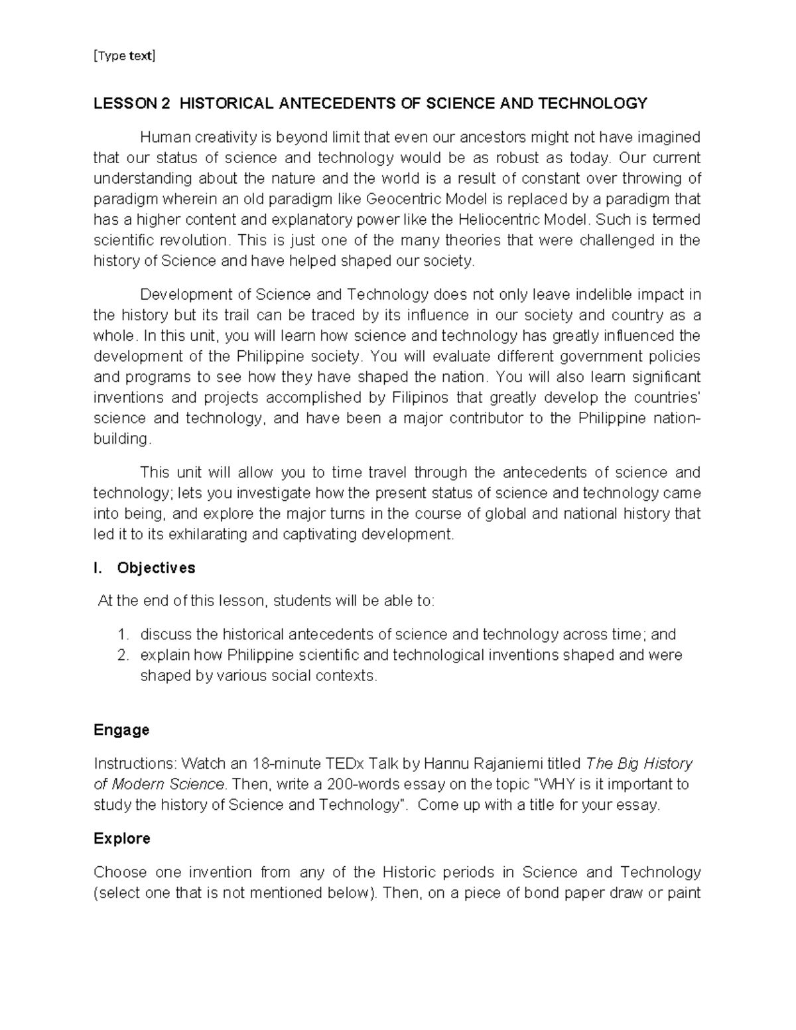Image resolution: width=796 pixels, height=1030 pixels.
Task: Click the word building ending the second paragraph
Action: pos(121,439)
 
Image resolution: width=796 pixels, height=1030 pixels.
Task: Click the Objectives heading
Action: pos(156,568)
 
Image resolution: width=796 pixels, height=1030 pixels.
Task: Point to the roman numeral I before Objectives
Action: pos(97,568)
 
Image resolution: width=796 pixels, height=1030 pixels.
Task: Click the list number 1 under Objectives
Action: pos(122,635)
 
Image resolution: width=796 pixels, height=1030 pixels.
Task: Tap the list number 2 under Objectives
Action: pos(122,655)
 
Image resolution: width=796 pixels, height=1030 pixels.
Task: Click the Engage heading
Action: pos(121,730)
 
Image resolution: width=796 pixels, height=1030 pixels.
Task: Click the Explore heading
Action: pos(122,838)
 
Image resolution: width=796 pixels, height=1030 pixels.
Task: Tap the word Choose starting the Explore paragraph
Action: pos(117,872)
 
